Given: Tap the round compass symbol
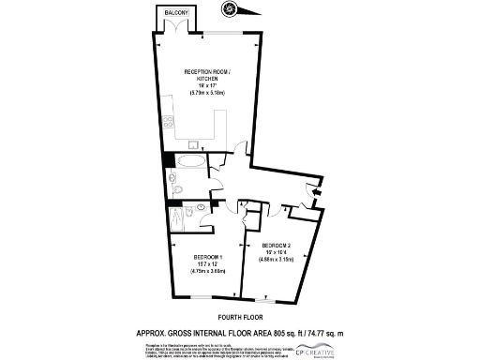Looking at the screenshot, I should (x=227, y=10).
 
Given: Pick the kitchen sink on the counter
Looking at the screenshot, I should (x=194, y=144).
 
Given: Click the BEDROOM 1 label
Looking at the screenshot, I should (x=207, y=257).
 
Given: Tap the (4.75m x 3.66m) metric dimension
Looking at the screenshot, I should (x=207, y=272).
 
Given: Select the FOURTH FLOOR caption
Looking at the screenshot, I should (x=239, y=319).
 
